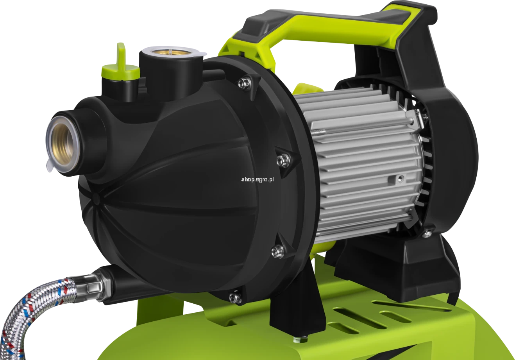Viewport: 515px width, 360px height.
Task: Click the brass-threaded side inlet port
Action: click(x=63, y=144)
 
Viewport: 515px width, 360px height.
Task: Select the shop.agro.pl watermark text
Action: click(x=257, y=180)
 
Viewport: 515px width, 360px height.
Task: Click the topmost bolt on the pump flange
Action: click(x=244, y=83)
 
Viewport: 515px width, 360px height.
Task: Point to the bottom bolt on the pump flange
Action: click(x=236, y=297)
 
